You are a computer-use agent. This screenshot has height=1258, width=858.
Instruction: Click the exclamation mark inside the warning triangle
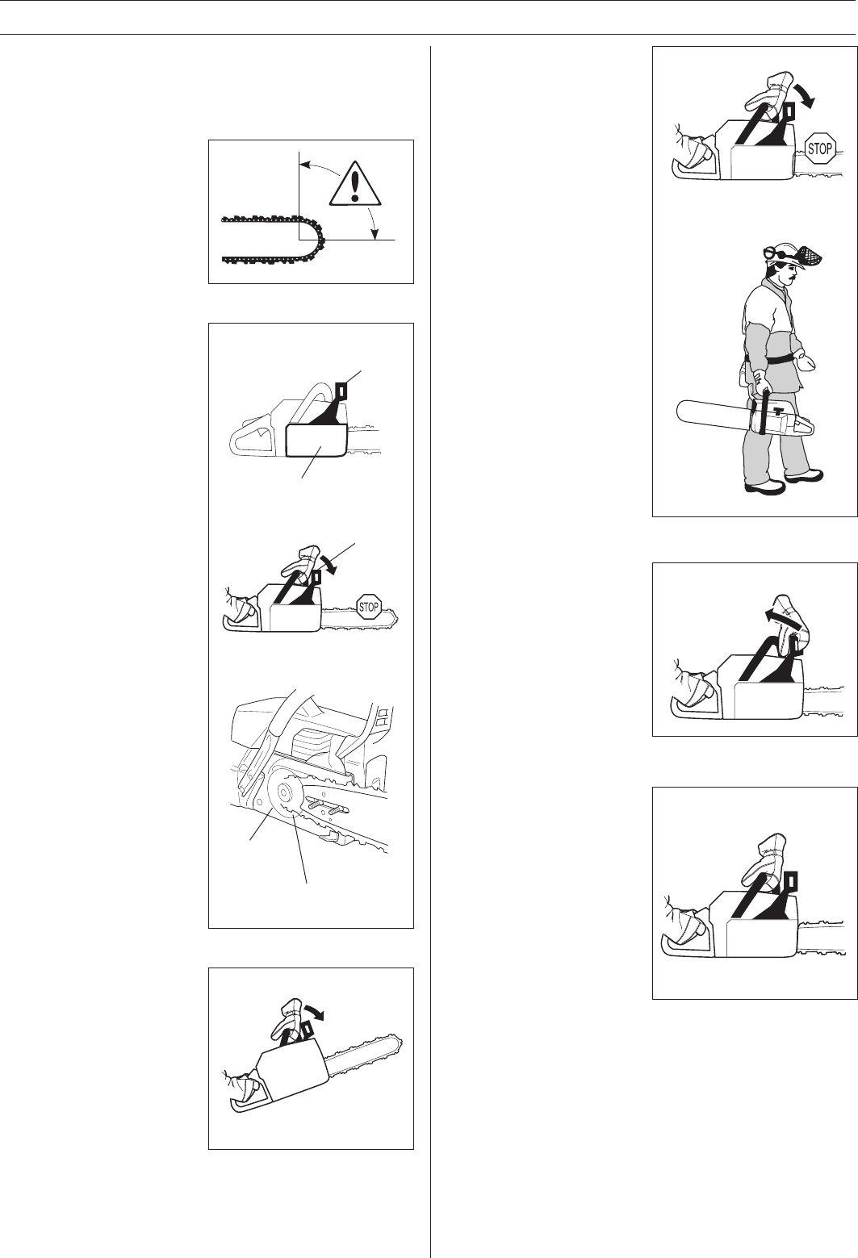(x=354, y=183)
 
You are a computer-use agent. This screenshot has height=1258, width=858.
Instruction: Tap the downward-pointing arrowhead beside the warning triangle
(x=375, y=234)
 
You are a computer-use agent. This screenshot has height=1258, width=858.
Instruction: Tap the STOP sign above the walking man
(x=820, y=148)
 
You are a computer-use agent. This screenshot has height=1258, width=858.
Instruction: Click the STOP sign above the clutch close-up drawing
(x=369, y=607)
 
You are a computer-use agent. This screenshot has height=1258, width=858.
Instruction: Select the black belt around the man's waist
(x=772, y=359)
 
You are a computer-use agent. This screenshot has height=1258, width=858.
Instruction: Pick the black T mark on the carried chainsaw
(x=777, y=410)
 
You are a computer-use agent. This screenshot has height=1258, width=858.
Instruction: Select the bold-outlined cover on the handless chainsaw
(x=316, y=440)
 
